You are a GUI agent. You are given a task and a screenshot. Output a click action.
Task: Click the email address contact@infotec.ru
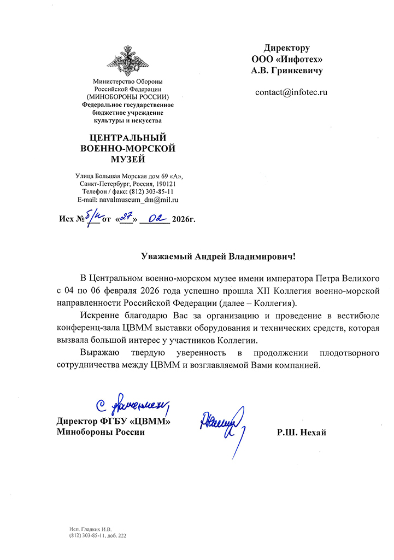[x=291, y=92]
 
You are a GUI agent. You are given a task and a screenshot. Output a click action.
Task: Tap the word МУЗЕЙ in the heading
[x=128, y=159]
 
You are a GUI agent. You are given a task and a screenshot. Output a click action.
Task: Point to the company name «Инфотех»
[x=299, y=60]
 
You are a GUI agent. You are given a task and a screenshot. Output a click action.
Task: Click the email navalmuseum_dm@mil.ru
[x=139, y=201]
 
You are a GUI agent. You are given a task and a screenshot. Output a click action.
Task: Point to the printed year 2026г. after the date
[x=183, y=220]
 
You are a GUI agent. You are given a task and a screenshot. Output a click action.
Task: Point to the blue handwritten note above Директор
[x=132, y=405]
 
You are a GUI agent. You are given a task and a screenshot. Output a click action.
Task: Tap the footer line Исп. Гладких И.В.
[x=91, y=529]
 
